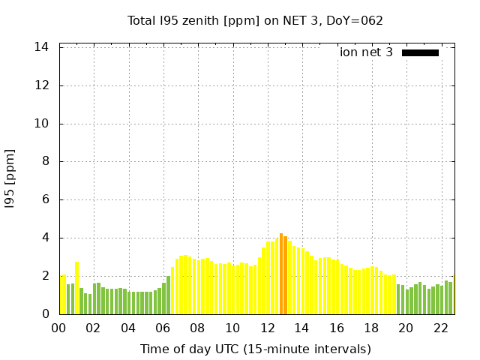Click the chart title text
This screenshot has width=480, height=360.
[x=255, y=20]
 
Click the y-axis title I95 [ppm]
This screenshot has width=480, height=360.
[x=10, y=178]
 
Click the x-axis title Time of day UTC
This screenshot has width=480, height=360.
[x=256, y=349]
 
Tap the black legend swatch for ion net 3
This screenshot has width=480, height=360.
[x=420, y=52]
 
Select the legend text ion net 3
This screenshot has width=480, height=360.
[x=366, y=52]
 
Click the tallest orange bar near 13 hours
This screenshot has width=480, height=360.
[x=281, y=274]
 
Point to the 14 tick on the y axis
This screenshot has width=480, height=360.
[x=42, y=47]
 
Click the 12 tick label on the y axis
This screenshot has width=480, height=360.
[x=42, y=85]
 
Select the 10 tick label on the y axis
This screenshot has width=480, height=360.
[x=42, y=124]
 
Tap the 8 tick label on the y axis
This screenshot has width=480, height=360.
[x=46, y=161]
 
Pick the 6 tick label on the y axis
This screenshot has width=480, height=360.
[x=46, y=199]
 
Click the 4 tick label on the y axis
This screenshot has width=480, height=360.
[x=46, y=238]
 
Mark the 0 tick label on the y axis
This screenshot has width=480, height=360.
[x=46, y=314]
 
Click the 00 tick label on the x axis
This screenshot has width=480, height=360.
[x=58, y=328]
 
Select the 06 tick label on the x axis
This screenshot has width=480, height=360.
[x=163, y=328]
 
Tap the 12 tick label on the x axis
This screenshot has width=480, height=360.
[x=267, y=328]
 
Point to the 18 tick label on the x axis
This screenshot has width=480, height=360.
[x=371, y=328]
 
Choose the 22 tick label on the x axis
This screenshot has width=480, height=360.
[x=440, y=328]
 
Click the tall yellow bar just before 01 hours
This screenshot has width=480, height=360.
[x=76, y=289]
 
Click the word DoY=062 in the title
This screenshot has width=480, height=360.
[x=355, y=20]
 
